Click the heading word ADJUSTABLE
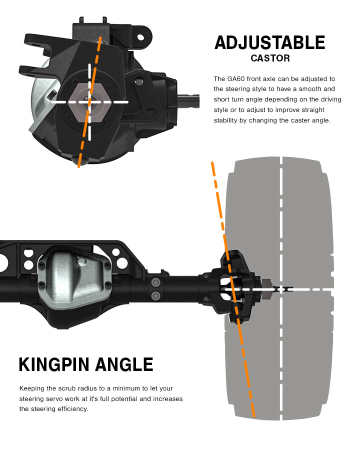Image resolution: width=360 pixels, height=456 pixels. point(269,43)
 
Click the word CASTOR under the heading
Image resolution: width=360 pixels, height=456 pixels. point(270,58)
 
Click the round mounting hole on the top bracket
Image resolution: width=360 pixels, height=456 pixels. point(141,36)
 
